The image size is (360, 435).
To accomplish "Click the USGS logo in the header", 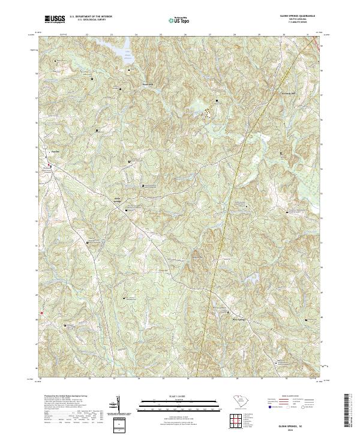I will click(55, 19).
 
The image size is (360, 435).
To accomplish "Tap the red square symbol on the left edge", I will click(41, 313).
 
